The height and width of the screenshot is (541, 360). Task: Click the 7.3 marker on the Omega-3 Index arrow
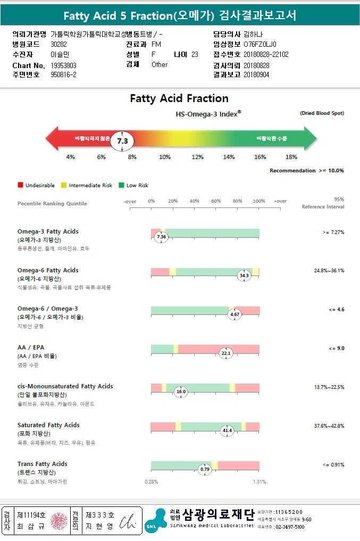pyautogui.click(x=122, y=141)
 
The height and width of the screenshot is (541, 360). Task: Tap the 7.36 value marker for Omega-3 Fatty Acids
pyautogui.click(x=162, y=237)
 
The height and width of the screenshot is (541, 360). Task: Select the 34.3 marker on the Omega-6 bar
pyautogui.click(x=244, y=276)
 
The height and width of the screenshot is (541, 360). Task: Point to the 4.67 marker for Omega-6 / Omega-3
pyautogui.click(x=235, y=314)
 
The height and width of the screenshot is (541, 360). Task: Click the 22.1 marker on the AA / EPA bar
pyautogui.click(x=226, y=353)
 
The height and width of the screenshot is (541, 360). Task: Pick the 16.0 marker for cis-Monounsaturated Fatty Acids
pyautogui.click(x=181, y=392)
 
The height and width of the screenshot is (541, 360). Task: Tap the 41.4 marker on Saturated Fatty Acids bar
pyautogui.click(x=228, y=430)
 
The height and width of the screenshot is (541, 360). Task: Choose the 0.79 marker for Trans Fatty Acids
pyautogui.click(x=205, y=469)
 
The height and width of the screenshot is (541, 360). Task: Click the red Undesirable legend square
pyautogui.click(x=20, y=185)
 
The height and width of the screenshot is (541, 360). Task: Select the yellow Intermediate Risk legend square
pyautogui.click(x=63, y=185)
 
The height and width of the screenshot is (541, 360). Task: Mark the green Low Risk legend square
pyautogui.click(x=121, y=185)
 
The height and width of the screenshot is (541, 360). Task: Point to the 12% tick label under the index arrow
pyautogui.click(x=197, y=157)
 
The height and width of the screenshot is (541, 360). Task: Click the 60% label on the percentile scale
pyautogui.click(x=216, y=201)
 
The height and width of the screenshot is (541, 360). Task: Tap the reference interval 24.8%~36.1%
pyautogui.click(x=329, y=271)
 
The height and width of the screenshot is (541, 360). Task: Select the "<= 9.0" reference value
pyautogui.click(x=337, y=348)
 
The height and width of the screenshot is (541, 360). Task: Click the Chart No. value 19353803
pyautogui.click(x=64, y=65)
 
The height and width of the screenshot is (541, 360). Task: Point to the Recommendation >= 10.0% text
pyautogui.click(x=306, y=171)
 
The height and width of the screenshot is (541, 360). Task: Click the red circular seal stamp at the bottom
pyautogui.click(x=60, y=520)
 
